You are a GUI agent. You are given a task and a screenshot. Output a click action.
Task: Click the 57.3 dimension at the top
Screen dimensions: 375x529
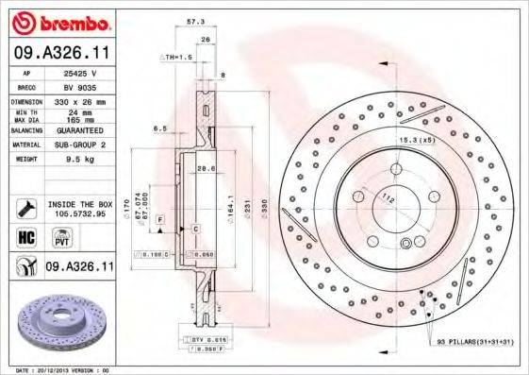[x=196, y=19]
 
